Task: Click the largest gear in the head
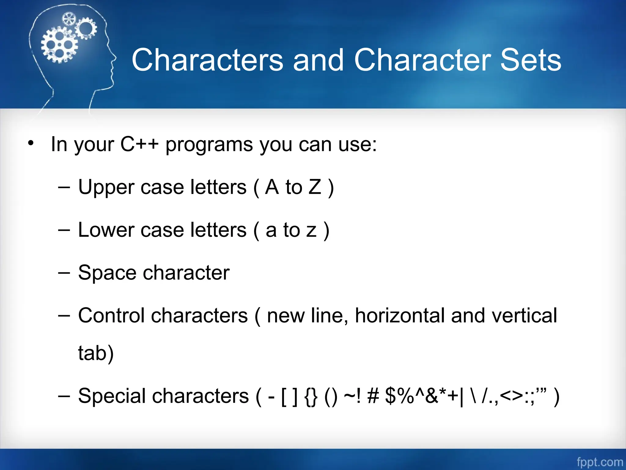[x=59, y=45]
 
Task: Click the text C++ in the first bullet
[x=139, y=144]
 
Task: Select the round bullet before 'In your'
[x=31, y=143]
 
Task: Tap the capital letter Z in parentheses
[x=315, y=187]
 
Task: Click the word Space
[x=107, y=273]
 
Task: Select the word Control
[x=111, y=315]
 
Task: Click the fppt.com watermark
[x=599, y=462]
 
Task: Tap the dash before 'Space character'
[x=64, y=272]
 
